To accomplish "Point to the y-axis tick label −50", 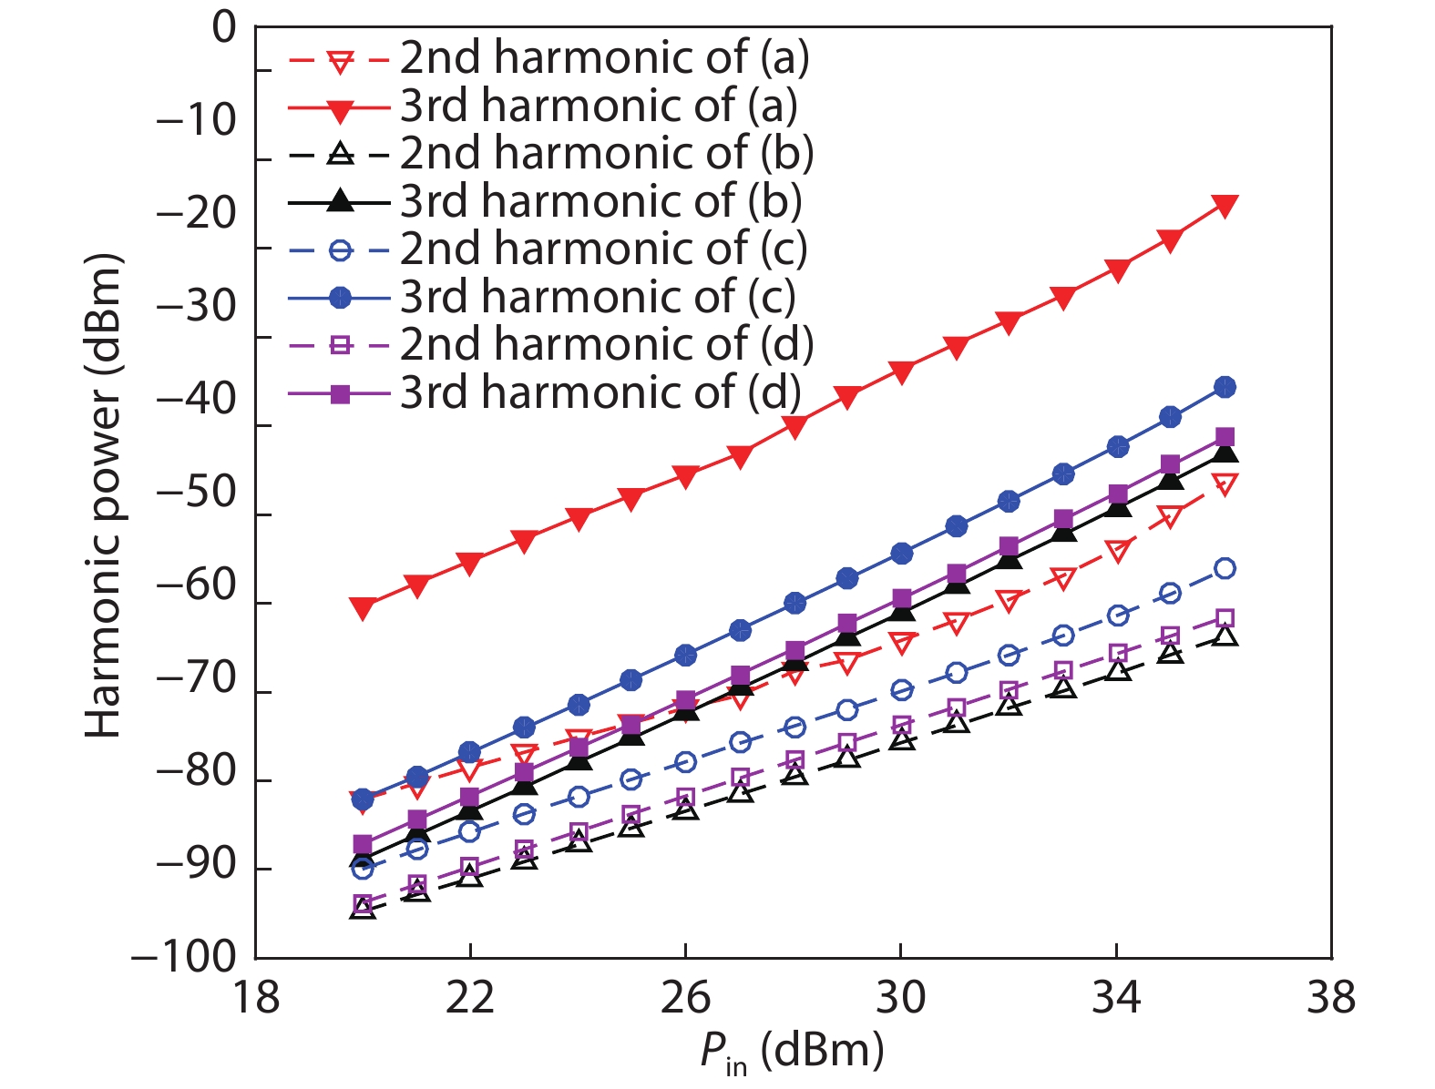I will (197, 494).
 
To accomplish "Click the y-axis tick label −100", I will (183, 958).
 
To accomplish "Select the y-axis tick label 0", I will (223, 29).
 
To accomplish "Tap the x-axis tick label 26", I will (685, 998).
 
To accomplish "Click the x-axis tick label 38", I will (1331, 998).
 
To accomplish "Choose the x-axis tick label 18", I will (256, 998).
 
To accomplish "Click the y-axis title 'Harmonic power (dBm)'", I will (103, 496).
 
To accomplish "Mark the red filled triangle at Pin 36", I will (1225, 206).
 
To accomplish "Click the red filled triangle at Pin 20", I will (363, 608).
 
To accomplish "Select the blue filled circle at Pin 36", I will (1225, 388).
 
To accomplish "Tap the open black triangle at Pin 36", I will (1225, 636).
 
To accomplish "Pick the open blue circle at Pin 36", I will (1225, 569).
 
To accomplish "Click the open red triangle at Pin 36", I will (1225, 483).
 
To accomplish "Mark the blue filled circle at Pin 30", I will (902, 554).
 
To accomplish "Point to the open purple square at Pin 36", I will (1225, 619).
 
